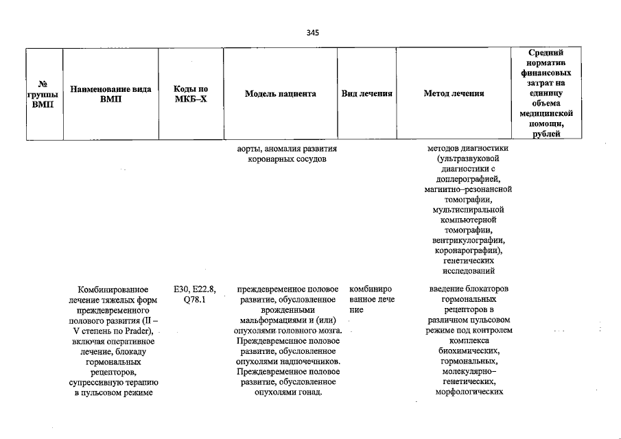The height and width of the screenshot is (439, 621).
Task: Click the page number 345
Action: (313, 32)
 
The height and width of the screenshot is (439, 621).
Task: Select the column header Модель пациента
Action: (280, 94)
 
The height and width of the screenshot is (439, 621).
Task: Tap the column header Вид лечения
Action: (366, 94)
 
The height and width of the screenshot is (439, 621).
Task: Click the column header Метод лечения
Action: (454, 94)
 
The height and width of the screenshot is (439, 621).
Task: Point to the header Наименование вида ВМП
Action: (110, 94)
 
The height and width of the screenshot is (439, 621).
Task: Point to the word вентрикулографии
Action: (469, 240)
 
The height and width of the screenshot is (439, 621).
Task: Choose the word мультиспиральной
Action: (469, 209)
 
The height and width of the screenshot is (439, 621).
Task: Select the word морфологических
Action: (469, 392)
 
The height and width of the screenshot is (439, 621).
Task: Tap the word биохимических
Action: (469, 351)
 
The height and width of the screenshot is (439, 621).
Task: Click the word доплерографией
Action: (469, 178)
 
